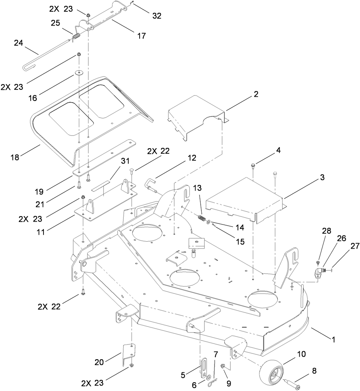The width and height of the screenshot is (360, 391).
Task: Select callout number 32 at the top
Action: point(157,16)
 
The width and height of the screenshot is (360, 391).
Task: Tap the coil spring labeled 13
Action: point(201,218)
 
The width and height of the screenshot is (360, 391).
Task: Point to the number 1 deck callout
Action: point(333,339)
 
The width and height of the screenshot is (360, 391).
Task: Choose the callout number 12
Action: point(192,158)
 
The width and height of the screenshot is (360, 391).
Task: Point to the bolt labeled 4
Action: point(253,166)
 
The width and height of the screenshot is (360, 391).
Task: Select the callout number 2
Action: point(256,94)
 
